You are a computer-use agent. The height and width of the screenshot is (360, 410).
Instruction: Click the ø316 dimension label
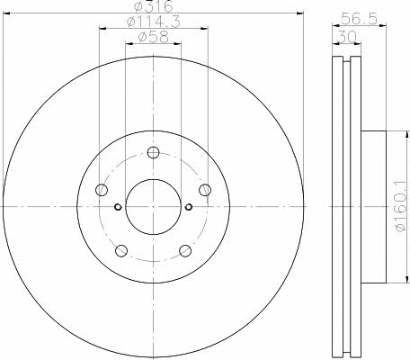click(153, 6)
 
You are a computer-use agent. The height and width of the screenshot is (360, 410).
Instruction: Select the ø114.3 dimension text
click(153, 22)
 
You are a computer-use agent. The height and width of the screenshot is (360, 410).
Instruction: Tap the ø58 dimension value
click(153, 37)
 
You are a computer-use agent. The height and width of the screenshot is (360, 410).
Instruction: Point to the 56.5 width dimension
click(359, 19)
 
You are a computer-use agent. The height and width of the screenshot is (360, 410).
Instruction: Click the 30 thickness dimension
click(347, 37)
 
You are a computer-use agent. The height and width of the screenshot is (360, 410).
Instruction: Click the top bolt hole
click(153, 153)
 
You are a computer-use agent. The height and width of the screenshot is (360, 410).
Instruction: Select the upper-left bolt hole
click(102, 190)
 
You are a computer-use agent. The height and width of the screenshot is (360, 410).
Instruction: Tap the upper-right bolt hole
click(205, 190)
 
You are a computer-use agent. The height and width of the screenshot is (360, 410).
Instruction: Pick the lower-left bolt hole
click(121, 251)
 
